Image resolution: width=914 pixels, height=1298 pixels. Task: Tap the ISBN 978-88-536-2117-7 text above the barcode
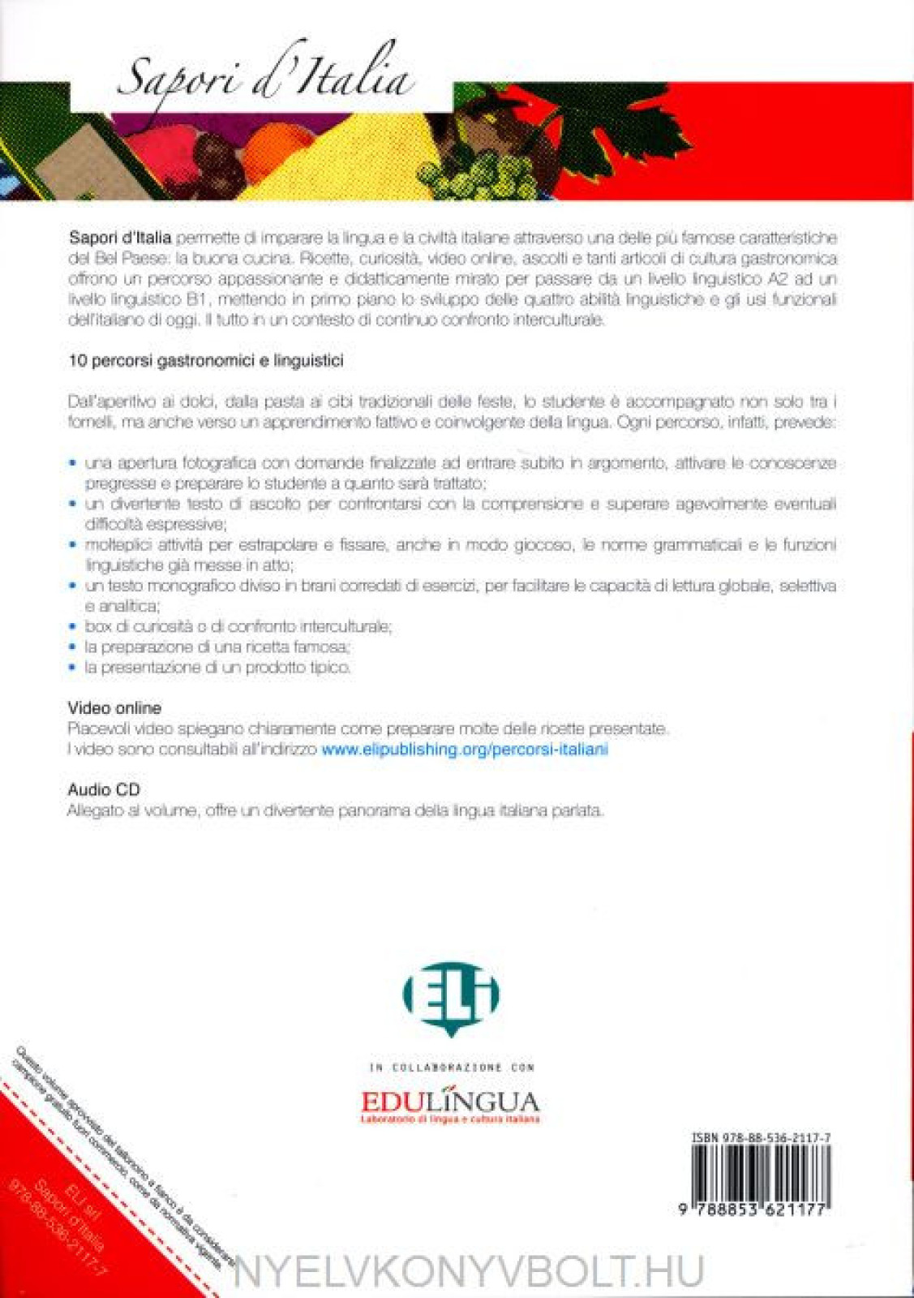760,1138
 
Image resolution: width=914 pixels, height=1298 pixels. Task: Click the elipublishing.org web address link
465,750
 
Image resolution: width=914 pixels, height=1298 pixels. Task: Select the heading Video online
114,708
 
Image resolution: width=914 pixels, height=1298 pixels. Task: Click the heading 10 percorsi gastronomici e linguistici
206,361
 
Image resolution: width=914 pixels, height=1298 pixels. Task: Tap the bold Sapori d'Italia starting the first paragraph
119,238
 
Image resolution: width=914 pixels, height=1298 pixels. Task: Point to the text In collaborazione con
452,1068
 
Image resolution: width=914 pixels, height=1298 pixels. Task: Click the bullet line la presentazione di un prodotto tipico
217,668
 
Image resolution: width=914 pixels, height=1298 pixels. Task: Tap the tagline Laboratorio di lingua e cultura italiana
450,1120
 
